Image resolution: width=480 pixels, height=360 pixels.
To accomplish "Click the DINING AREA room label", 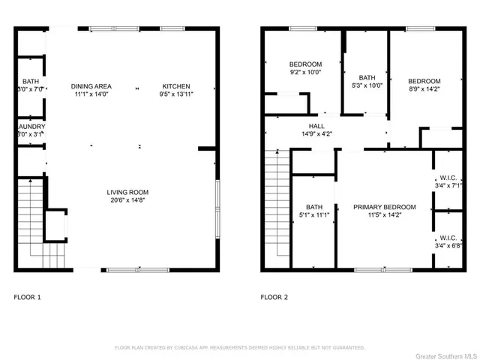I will tap(91, 86).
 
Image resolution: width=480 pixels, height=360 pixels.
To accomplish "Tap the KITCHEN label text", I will tap(175, 86).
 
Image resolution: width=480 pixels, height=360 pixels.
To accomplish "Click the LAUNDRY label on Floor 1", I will tap(31, 127).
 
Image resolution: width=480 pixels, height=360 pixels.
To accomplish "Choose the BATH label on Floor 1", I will tap(31, 81).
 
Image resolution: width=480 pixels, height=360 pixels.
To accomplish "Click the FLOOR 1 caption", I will tap(28, 297).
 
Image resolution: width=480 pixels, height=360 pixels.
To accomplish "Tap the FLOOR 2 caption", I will tap(274, 297).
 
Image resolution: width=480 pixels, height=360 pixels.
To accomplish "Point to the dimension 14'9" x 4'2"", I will tap(316, 134).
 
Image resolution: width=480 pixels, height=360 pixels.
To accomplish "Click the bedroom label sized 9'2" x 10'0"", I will tap(305, 64).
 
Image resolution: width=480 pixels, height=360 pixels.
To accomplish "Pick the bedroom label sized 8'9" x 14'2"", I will tap(424, 81).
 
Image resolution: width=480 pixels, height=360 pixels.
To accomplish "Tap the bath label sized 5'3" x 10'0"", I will tap(367, 77).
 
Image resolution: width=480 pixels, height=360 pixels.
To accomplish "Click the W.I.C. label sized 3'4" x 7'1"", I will tap(448, 179).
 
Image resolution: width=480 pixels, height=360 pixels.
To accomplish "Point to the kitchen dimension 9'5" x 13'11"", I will tap(175, 95).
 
